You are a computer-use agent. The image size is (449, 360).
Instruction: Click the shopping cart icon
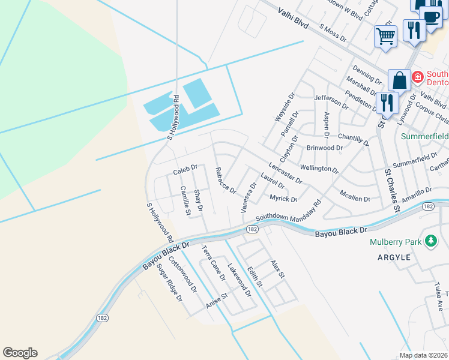click(x=385, y=35)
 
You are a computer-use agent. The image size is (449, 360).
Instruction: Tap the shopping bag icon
click(x=399, y=80)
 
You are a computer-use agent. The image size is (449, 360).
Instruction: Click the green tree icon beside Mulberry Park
click(x=430, y=241)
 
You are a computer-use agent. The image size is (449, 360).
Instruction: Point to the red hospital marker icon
click(x=417, y=76)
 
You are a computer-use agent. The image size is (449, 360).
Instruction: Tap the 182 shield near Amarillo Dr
click(x=428, y=206)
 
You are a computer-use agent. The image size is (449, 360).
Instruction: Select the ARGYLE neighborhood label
click(x=394, y=257)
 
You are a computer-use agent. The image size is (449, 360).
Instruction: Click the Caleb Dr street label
click(x=185, y=171)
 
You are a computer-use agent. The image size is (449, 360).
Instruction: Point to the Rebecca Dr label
click(x=226, y=180)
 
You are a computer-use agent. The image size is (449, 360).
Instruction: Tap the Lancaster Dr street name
click(x=285, y=173)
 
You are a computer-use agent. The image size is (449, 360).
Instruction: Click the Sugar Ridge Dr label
click(x=170, y=282)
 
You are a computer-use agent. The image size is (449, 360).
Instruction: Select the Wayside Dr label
click(x=285, y=107)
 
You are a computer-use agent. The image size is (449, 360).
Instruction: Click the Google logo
click(x=20, y=353)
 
